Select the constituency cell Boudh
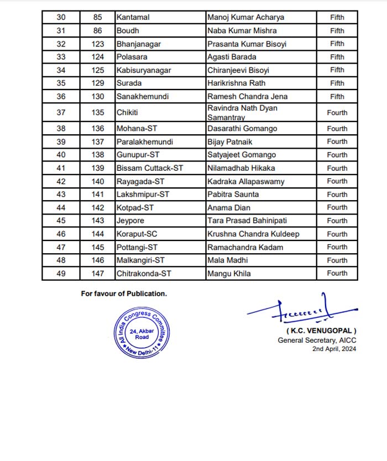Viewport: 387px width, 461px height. [x=127, y=31]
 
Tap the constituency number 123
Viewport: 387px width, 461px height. [x=98, y=44]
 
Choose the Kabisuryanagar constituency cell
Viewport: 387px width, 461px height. [x=144, y=70]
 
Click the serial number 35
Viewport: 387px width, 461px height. [x=61, y=83]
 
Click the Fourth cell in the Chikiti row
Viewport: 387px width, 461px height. [x=337, y=113]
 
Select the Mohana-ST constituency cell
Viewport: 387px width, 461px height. [x=137, y=129]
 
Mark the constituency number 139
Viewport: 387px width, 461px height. [x=98, y=168]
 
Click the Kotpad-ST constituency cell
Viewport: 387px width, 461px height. [x=135, y=207]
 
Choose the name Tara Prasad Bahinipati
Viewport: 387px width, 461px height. [x=243, y=221]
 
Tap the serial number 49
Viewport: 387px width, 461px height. [x=61, y=273]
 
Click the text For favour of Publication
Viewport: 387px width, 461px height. [x=124, y=294]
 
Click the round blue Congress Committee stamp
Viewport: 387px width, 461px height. [x=142, y=333]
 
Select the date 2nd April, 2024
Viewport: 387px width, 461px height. [x=334, y=349]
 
